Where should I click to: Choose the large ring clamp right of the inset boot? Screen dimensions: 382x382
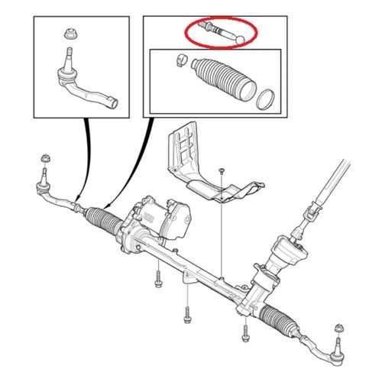tap(264, 98)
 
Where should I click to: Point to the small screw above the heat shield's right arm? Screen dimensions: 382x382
tap(220, 169)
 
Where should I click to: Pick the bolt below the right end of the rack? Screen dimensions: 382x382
tap(245, 332)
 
